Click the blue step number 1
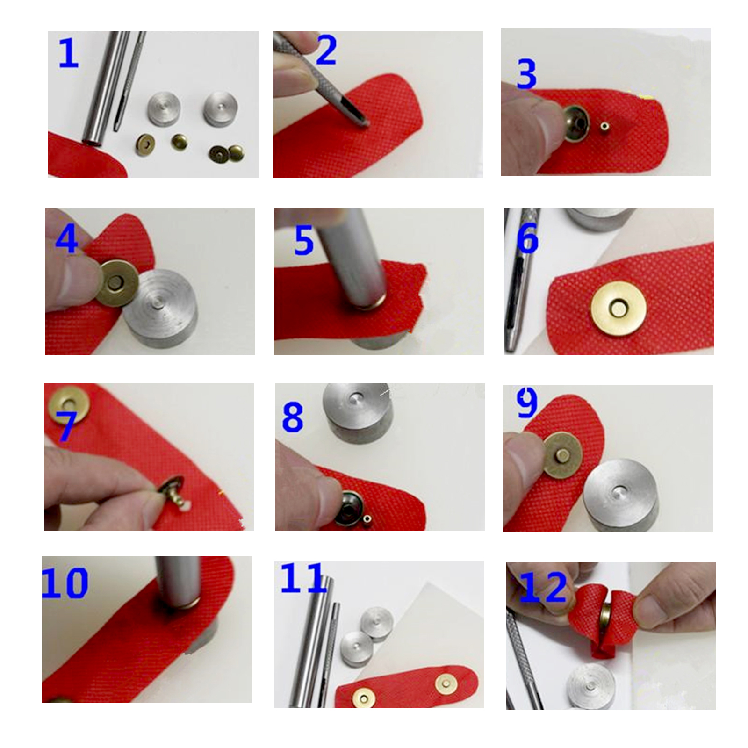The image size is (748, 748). click(68, 53)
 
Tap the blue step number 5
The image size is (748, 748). click(304, 240)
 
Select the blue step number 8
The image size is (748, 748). click(293, 417)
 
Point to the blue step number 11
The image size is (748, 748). click(302, 578)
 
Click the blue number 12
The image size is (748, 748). click(543, 588)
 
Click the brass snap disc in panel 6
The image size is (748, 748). click(619, 309)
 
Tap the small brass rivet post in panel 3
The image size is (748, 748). click(605, 126)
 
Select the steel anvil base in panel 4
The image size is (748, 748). click(160, 308)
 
